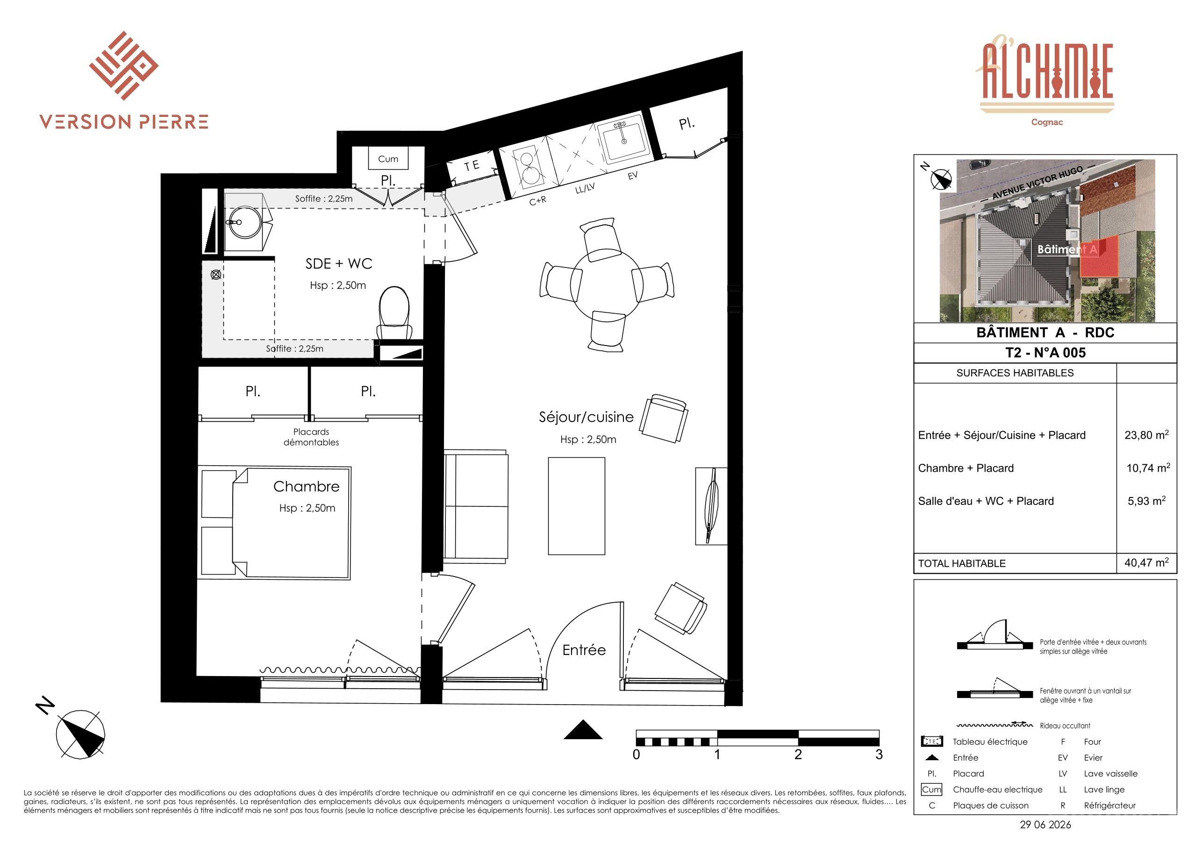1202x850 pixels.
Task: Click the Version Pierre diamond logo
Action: pyautogui.click(x=123, y=65)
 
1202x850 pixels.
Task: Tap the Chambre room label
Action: pyautogui.click(x=306, y=487)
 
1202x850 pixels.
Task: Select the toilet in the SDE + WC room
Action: pyautogui.click(x=394, y=313)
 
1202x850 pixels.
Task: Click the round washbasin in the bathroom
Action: pyautogui.click(x=245, y=222)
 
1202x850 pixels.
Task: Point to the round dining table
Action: pyautogui.click(x=607, y=285)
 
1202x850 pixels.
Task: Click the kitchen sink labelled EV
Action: pyautogui.click(x=623, y=139)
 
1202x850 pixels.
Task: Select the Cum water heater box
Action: pyautogui.click(x=388, y=158)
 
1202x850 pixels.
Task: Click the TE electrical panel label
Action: pyautogui.click(x=472, y=166)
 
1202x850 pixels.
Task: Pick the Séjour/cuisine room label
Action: pyautogui.click(x=587, y=417)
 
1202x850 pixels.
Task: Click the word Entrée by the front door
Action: pyautogui.click(x=584, y=650)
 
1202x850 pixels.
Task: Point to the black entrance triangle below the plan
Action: pyautogui.click(x=583, y=729)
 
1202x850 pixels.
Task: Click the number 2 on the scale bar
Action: pyautogui.click(x=798, y=755)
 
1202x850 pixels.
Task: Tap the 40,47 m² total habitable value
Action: pyautogui.click(x=1146, y=563)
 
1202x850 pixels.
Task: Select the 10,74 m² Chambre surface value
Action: pyautogui.click(x=1148, y=468)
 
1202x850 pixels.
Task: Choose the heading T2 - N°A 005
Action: pyautogui.click(x=1045, y=353)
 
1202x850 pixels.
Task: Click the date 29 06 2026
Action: pyautogui.click(x=1045, y=825)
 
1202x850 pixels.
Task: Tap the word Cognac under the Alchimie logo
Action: pyautogui.click(x=1047, y=122)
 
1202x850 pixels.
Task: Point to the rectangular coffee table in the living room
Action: pyautogui.click(x=576, y=506)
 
